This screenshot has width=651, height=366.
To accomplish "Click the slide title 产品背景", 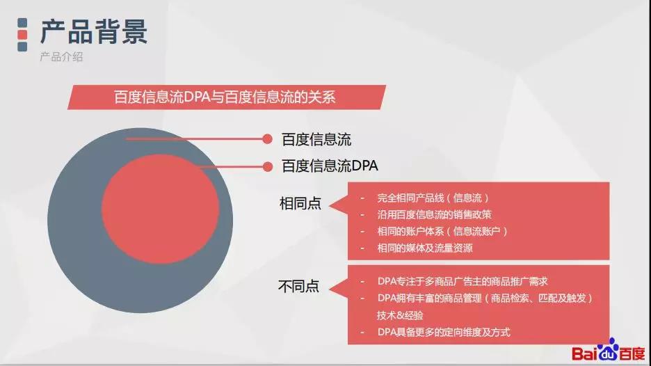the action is point(94,31).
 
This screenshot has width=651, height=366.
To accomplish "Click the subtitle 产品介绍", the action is point(61,56).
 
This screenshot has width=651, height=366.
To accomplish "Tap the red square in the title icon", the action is point(22,35).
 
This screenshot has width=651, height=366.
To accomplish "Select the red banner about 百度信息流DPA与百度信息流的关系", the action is point(226,97).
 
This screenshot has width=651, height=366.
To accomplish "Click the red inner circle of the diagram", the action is point(160,209).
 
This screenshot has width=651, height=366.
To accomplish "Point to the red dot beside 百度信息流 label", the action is point(267,139).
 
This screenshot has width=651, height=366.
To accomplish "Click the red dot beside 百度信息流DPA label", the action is point(268,166).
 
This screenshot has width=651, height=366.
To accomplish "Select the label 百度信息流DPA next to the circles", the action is point(330,166).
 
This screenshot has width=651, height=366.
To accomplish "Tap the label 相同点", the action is point(300,204).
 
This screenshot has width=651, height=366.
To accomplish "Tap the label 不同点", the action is point(299,286).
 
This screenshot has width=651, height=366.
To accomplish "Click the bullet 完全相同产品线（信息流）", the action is point(433,198).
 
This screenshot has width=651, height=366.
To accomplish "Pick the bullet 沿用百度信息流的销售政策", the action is point(434,215).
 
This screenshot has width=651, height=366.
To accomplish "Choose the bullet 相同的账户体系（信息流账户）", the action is point(442,232).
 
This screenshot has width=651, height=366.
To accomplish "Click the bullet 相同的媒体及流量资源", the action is point(425,248).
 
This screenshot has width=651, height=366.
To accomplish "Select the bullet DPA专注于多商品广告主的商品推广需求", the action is point(463,281).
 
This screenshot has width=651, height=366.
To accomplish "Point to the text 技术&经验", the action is point(400,315).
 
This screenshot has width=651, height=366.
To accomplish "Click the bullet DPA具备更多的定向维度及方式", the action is point(444,333).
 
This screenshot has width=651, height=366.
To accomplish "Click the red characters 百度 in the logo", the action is point(632,353).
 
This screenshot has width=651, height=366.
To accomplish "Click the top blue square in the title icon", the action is point(22,22).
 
